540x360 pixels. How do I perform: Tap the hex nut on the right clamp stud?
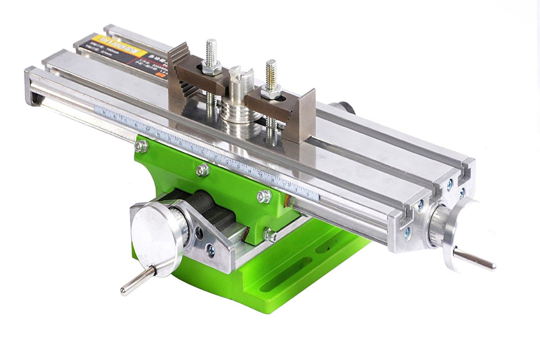[271, 92]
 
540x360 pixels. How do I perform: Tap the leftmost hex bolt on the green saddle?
[141, 146]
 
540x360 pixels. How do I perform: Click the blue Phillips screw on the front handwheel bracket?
[210, 251]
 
